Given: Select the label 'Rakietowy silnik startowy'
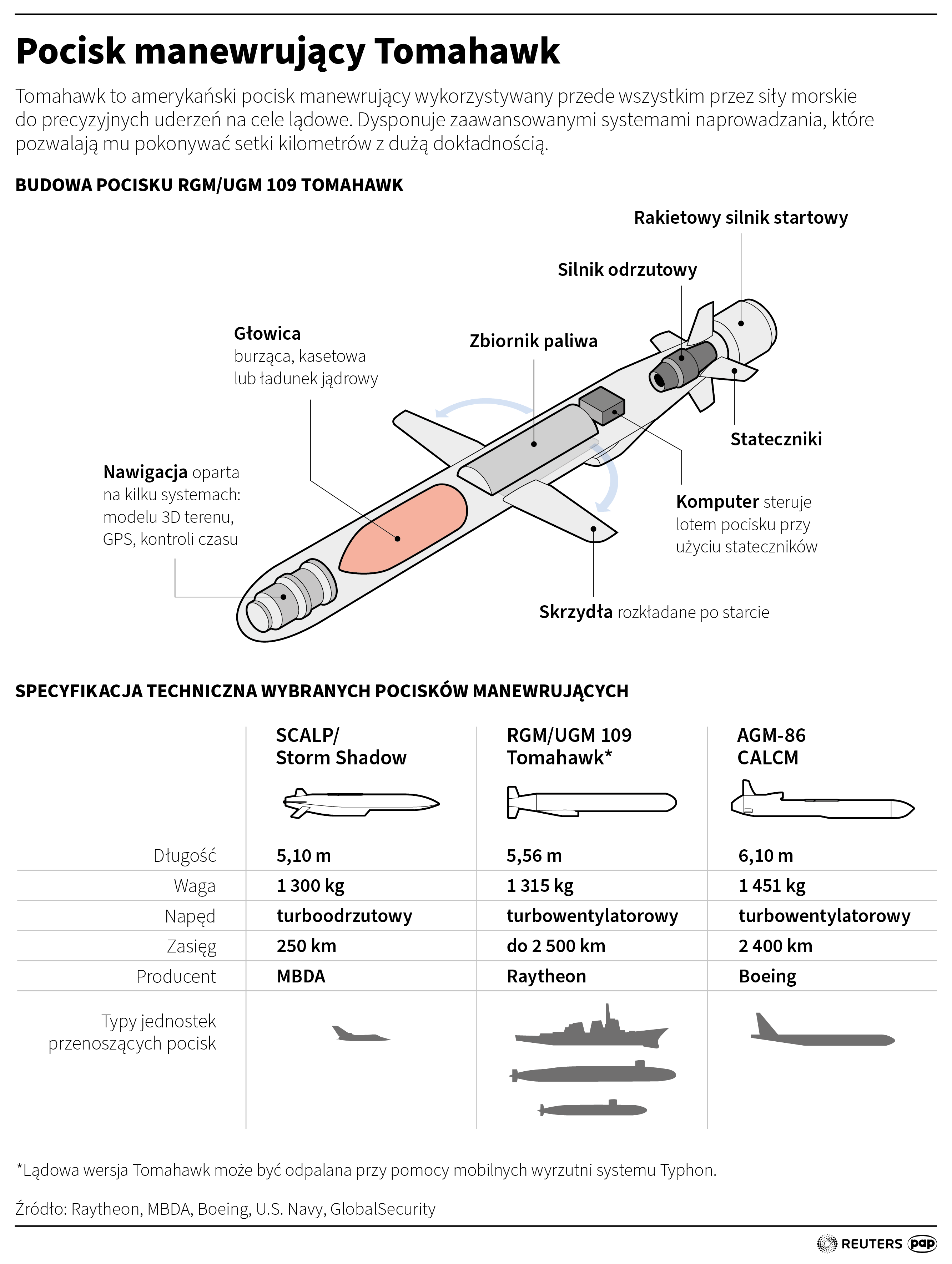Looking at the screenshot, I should pos(741,218).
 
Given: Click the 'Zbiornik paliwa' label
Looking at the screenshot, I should pos(533,341).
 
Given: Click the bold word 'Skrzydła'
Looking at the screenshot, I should pos(575,612).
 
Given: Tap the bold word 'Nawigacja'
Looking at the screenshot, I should pos(145,472).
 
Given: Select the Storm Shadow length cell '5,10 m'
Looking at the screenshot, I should pos(303,855).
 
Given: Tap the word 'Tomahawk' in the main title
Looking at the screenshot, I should pos(467,51).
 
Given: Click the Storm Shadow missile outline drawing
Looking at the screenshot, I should pos(361,803).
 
